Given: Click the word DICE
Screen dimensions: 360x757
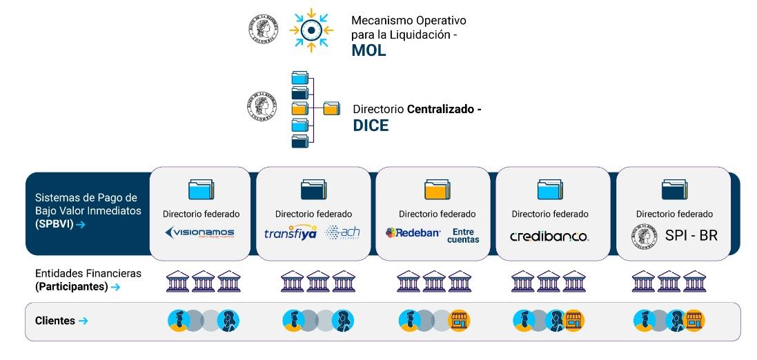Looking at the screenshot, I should pos(371,126).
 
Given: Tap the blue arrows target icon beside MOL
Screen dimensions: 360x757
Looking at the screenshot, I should pos(311,30).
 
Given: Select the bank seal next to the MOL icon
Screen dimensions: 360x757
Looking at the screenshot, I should pos(263,30).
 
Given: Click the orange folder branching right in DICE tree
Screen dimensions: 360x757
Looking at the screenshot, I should pos(331,108).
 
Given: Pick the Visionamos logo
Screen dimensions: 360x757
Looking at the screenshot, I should pos(199,233).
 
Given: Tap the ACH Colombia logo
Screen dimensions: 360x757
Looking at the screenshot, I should pos(342,233).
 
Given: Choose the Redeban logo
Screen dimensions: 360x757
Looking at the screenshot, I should pos(413,233).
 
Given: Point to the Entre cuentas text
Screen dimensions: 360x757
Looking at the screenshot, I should pos(463,235).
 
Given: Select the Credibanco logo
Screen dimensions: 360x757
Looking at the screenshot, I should pos(549,237).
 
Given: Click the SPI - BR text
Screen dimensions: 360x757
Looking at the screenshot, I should pos(691,236).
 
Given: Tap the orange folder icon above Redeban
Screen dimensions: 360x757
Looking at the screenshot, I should pos(438,189).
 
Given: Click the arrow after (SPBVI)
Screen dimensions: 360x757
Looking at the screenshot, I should pos(81,225).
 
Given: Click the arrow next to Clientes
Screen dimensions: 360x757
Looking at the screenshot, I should pos(83,321).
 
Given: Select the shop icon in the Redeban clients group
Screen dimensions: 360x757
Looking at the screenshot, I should pos(459,320).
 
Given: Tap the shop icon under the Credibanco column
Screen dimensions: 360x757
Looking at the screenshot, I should pos(573,320).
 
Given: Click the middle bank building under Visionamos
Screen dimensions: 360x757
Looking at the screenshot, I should pos(204,281).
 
